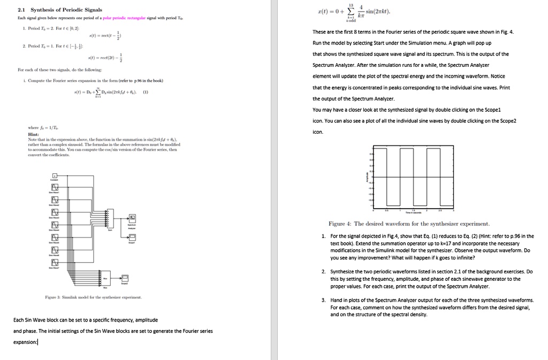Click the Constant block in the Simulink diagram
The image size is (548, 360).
tap(55, 175)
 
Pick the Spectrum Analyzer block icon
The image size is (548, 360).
tap(132, 218)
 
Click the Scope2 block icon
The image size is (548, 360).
tap(125, 278)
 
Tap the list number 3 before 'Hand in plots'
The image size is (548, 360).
tap(325, 300)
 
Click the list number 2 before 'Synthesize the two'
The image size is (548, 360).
tap(325, 272)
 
